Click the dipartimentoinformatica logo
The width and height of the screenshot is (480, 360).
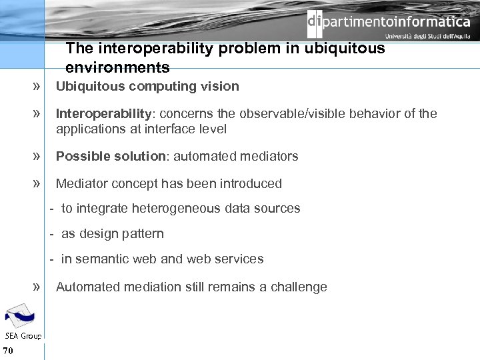point(389,22)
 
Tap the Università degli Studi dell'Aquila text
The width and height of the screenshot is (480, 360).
point(427,37)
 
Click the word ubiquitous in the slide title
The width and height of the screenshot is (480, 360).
point(345,49)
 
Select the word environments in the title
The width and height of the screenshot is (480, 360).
point(117,67)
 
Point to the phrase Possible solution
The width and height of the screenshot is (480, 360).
point(111,156)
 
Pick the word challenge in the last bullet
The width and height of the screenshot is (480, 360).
point(294,287)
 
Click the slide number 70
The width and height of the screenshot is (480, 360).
point(8,351)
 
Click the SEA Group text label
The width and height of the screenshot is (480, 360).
point(23,335)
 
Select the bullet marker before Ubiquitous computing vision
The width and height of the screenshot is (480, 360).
point(35,86)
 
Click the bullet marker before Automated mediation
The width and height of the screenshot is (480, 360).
point(35,287)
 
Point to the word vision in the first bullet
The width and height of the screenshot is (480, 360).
point(222,86)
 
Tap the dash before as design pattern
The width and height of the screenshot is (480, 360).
point(51,233)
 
